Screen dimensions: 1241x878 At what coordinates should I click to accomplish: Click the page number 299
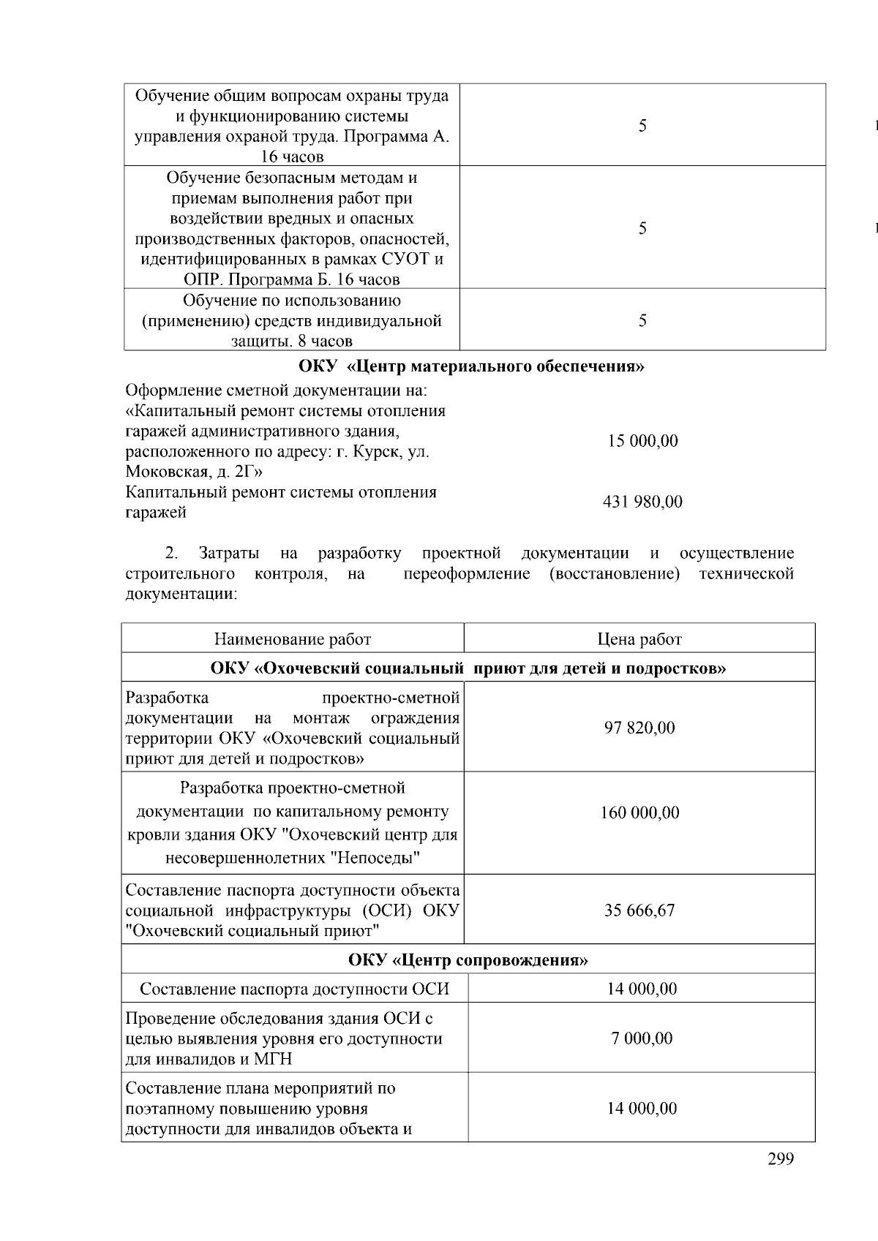pyautogui.click(x=781, y=1159)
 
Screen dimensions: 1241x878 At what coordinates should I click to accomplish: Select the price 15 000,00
pyautogui.click(x=642, y=441)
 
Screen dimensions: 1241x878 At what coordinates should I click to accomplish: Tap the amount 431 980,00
pyautogui.click(x=642, y=502)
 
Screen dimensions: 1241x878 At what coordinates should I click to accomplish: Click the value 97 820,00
pyautogui.click(x=639, y=728)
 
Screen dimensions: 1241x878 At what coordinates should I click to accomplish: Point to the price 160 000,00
pyautogui.click(x=639, y=812)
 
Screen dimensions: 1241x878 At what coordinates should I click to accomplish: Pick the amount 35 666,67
pyautogui.click(x=639, y=910)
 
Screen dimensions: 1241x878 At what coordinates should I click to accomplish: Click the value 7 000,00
pyautogui.click(x=642, y=1038)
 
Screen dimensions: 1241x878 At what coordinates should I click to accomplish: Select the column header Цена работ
pyautogui.click(x=639, y=639)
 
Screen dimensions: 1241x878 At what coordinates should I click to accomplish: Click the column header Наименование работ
pyautogui.click(x=292, y=639)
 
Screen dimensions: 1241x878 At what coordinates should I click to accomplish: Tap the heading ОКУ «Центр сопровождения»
pyautogui.click(x=468, y=959)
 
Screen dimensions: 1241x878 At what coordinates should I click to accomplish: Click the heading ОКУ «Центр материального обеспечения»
pyautogui.click(x=471, y=366)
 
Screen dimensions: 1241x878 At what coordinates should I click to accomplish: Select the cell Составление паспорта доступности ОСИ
pyautogui.click(x=294, y=989)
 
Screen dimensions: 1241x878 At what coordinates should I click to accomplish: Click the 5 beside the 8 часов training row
pyautogui.click(x=642, y=320)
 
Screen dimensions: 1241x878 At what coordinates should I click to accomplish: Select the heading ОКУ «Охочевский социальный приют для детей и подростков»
pyautogui.click(x=468, y=668)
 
